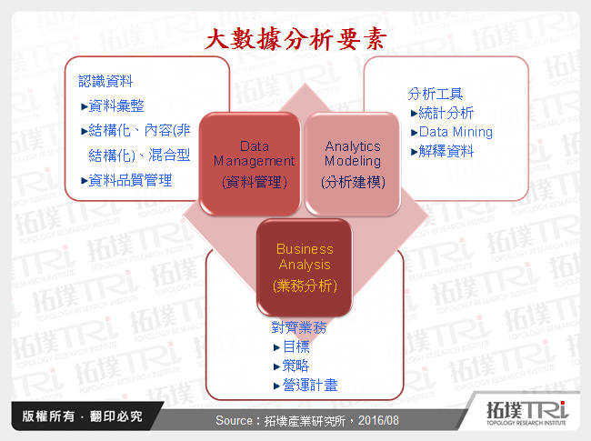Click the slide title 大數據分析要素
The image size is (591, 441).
295,38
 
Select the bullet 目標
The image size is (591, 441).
295,346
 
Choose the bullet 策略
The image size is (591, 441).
295,366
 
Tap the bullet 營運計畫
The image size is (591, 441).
310,386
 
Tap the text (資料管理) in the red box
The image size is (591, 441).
255,182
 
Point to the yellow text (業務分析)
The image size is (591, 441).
305,286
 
